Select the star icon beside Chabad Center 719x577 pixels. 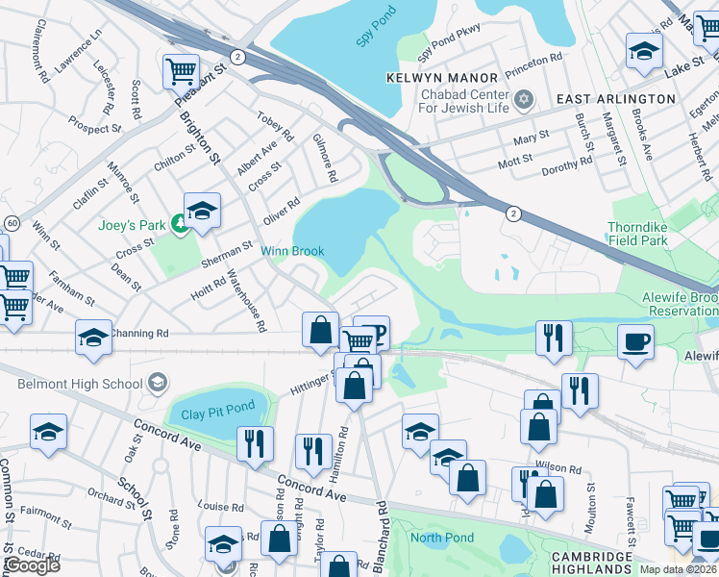[x=524, y=98]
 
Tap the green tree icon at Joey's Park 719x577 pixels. [x=178, y=224]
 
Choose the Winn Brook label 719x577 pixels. [x=292, y=251]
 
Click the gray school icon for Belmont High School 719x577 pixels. [x=156, y=383]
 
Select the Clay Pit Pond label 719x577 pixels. [x=218, y=415]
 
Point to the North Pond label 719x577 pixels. [x=442, y=538]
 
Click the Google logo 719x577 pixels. [x=31, y=566]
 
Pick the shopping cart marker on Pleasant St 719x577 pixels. [x=181, y=70]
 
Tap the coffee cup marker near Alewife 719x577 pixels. [x=634, y=341]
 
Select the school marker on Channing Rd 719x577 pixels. [x=93, y=338]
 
